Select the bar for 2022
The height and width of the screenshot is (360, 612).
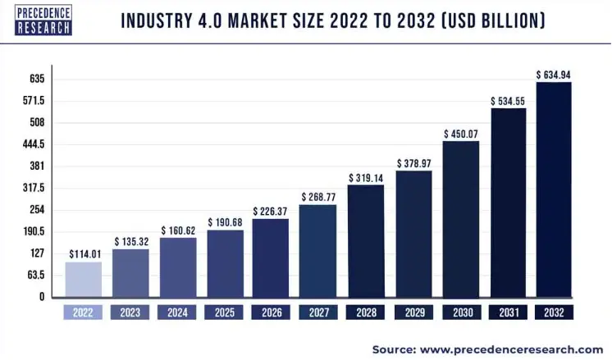[84, 280]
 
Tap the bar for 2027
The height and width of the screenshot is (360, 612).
[318, 251]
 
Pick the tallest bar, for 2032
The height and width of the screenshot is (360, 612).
[554, 189]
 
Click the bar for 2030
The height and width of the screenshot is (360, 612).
[460, 219]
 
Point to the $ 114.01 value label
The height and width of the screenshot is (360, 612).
[84, 253]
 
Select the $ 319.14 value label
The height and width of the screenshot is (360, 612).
[365, 177]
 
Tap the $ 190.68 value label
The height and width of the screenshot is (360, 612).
[224, 222]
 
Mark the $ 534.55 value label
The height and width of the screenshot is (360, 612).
[508, 102]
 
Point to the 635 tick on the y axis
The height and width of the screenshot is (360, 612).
[37, 80]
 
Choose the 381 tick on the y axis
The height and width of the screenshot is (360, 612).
[37, 166]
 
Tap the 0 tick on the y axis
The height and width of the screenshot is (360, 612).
[41, 297]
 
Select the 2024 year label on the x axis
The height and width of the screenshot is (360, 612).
[177, 312]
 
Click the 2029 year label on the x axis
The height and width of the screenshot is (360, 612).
[413, 312]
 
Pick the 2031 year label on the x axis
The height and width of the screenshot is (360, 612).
[507, 312]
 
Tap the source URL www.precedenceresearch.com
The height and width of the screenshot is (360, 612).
[516, 349]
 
